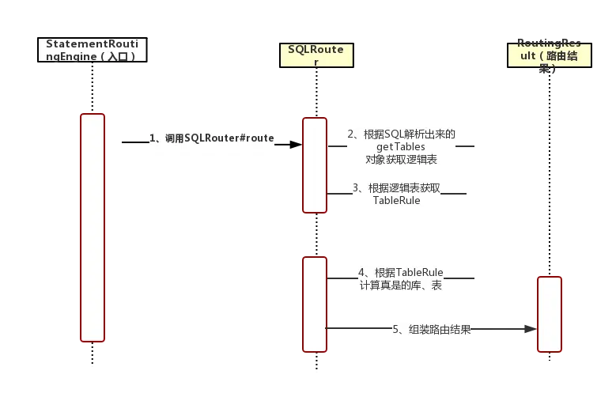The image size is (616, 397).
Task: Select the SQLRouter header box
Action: (x=316, y=55)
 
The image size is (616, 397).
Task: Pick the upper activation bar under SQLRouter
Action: (x=315, y=164)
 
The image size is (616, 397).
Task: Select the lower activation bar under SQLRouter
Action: (x=315, y=304)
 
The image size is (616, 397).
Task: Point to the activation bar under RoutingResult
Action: (x=550, y=314)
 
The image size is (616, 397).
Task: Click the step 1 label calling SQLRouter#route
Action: (x=212, y=138)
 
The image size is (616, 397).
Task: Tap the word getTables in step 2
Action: (x=400, y=147)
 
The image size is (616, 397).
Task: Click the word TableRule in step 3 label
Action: (x=396, y=201)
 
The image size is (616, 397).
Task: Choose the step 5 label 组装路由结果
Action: (x=433, y=330)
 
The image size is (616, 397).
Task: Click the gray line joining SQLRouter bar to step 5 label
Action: (x=360, y=327)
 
